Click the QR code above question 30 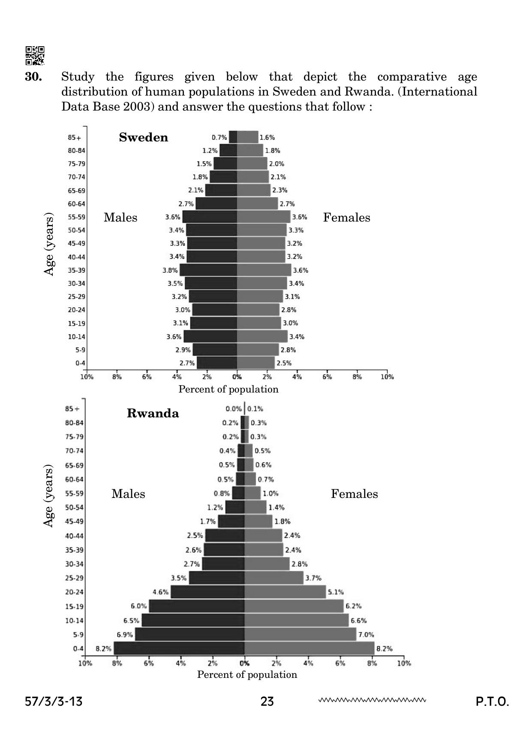click(x=35, y=55)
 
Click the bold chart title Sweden click(x=144, y=138)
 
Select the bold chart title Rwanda click(x=153, y=413)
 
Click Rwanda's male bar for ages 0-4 click(x=179, y=648)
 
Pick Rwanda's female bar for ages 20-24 click(x=285, y=592)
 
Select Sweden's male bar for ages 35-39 click(x=208, y=270)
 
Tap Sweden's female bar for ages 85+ click(x=247, y=137)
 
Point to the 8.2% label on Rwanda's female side click(x=384, y=649)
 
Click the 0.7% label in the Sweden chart click(x=219, y=138)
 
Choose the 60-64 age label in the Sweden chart click(x=76, y=204)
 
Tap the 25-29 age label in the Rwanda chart click(x=74, y=578)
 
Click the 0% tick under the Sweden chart click(x=237, y=377)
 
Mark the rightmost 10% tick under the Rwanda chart click(x=404, y=663)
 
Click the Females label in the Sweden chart click(x=346, y=218)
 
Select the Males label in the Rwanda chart click(x=128, y=494)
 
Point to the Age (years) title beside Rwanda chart click(x=49, y=496)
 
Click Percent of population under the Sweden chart click(x=228, y=389)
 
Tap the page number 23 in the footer click(x=267, y=702)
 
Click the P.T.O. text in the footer click(x=492, y=702)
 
